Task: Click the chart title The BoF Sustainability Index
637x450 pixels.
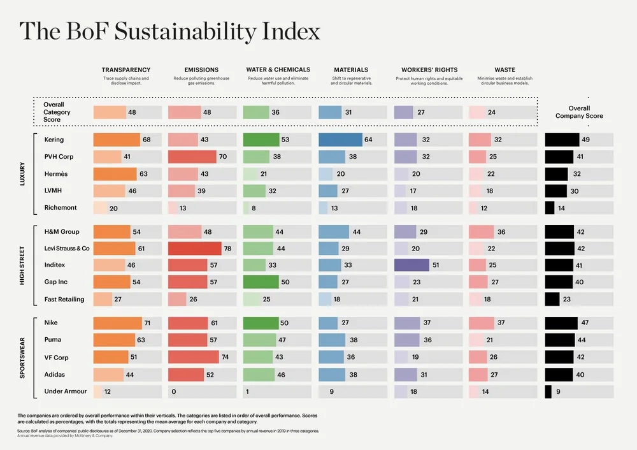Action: click(169, 31)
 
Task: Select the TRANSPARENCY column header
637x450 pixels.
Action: click(126, 70)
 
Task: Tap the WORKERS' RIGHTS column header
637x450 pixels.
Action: click(429, 70)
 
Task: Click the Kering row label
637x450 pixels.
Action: click(55, 140)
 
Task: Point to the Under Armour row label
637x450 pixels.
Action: click(65, 391)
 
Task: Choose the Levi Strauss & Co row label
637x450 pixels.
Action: click(68, 248)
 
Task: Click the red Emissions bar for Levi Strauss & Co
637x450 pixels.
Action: click(195, 248)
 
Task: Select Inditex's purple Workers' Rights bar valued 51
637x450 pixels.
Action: click(412, 265)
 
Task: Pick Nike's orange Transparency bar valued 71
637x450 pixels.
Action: click(118, 323)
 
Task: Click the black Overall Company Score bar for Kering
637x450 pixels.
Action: click(562, 140)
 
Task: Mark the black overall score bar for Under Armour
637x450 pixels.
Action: click(548, 391)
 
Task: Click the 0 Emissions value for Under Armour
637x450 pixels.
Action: click(173, 391)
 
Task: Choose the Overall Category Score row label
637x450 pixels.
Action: click(57, 112)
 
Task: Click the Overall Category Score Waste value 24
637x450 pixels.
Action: click(492, 112)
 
